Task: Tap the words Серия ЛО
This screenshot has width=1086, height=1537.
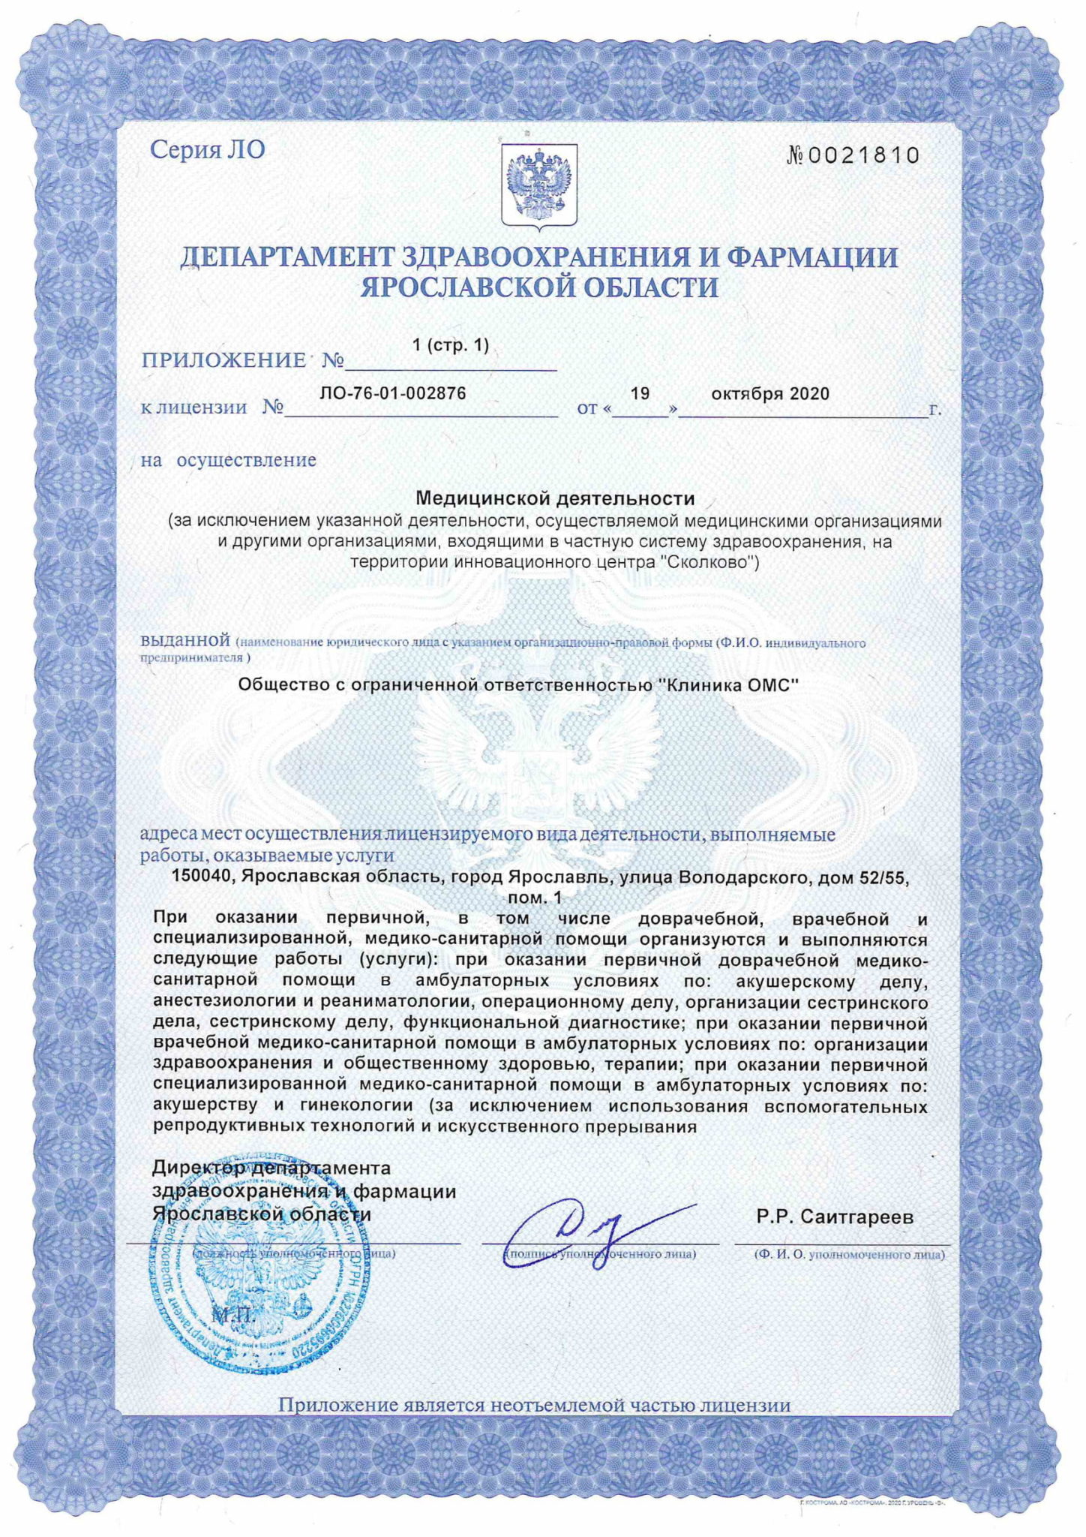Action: point(208,149)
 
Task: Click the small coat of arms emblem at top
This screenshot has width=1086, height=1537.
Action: point(538,185)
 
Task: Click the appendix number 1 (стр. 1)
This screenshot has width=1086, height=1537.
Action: point(450,345)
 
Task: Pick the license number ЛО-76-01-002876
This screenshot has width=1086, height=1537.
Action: point(393,393)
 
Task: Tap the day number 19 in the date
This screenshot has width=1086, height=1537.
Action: point(640,393)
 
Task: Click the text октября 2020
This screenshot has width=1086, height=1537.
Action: point(769,394)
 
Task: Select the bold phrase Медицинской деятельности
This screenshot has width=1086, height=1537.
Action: point(555,498)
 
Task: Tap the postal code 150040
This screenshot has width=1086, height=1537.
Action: point(198,876)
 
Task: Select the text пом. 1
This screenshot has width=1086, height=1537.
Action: point(534,896)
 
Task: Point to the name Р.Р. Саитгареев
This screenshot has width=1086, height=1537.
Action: point(835,1217)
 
